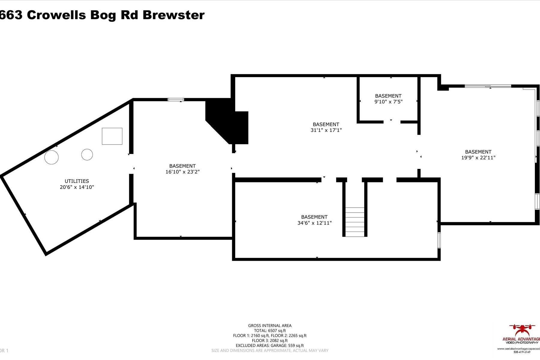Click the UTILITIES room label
point(77,181)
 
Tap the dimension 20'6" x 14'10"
point(77,187)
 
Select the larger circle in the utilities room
point(51,157)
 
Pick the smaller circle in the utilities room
point(87,155)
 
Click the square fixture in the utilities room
point(112,136)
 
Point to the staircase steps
point(355,222)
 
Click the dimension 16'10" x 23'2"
point(182,172)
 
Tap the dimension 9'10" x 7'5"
point(388,102)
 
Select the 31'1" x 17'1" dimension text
point(326,130)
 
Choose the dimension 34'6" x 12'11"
point(314,223)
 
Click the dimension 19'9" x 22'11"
point(478,157)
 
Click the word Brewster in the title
point(173,15)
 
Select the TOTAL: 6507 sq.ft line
point(270,331)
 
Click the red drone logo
point(522,330)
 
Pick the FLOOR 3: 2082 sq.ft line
point(270,340)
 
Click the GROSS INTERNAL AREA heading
point(270,325)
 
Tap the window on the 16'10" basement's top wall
point(176,100)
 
